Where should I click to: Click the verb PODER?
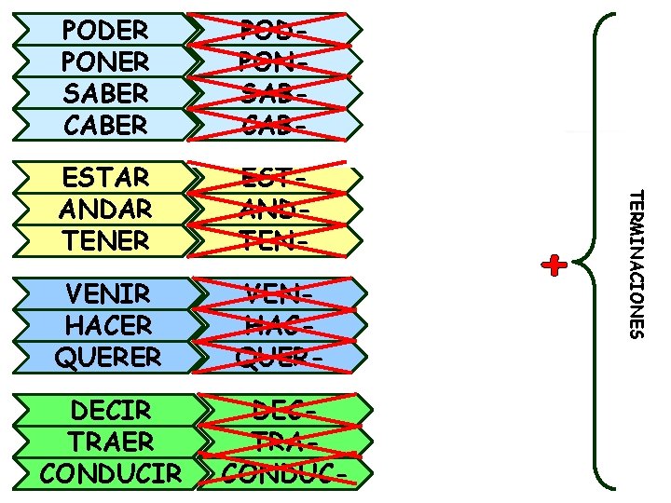(105, 30)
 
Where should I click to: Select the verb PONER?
(105, 61)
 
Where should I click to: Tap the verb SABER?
(105, 93)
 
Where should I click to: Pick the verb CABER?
(105, 124)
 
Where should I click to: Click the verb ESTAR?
(105, 177)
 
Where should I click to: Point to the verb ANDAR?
(105, 208)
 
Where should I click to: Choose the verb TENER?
(105, 239)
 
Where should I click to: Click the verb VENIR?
(108, 294)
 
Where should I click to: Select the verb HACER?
(108, 325)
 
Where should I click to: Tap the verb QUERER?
(108, 356)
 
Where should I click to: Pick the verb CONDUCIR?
(112, 472)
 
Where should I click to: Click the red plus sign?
(555, 265)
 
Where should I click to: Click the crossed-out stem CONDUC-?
(280, 472)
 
